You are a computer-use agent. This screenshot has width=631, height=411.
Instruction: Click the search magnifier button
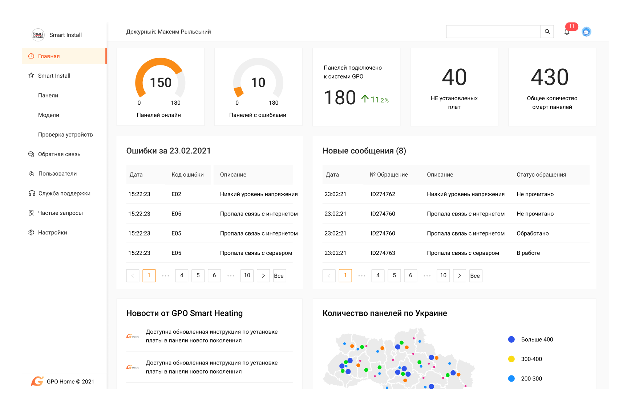click(547, 32)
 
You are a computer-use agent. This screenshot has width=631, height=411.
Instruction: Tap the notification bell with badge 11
click(567, 32)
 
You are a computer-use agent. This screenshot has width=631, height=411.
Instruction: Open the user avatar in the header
click(586, 32)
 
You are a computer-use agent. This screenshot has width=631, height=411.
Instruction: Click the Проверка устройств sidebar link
click(65, 134)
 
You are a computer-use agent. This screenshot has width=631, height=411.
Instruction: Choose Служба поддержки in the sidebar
click(64, 193)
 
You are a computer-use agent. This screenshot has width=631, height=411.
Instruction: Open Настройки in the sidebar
click(53, 233)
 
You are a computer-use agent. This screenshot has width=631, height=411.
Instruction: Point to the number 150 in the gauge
click(161, 82)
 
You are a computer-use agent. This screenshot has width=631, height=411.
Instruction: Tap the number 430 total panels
click(550, 77)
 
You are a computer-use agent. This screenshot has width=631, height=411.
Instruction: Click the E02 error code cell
click(176, 194)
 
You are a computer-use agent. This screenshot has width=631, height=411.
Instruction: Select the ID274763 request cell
click(383, 253)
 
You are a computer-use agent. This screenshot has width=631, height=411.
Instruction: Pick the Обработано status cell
click(533, 233)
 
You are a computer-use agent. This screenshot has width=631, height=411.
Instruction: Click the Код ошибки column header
click(187, 174)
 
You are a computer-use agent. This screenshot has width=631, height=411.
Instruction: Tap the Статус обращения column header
click(541, 174)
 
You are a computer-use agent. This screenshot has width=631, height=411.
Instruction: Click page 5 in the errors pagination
click(198, 275)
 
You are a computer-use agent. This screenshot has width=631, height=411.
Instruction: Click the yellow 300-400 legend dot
click(511, 359)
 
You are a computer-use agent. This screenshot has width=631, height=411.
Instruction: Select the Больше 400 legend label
click(537, 339)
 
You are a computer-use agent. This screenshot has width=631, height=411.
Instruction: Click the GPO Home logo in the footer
click(37, 381)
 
